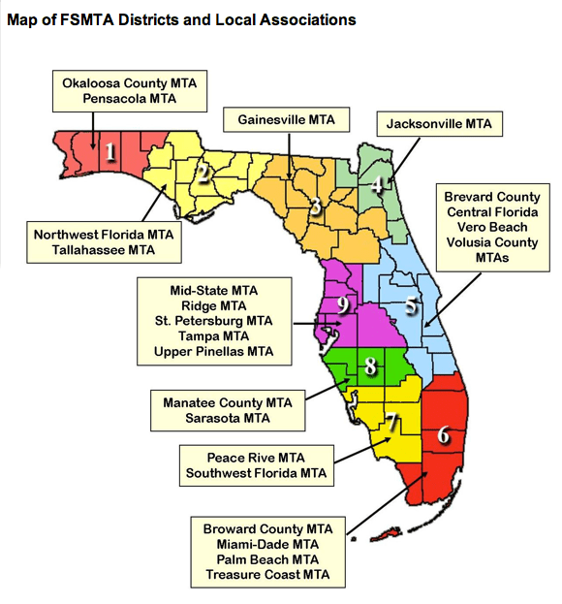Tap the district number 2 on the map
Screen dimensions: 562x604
[x=203, y=175]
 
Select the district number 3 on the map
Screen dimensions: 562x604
[x=315, y=206]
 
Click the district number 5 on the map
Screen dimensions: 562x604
[x=411, y=306]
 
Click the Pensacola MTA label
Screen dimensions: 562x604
[x=125, y=99]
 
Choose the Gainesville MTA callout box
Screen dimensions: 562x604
[x=288, y=120]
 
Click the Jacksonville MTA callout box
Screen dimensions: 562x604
[x=438, y=124]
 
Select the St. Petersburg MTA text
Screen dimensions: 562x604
[x=213, y=320]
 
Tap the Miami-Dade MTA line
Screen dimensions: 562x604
[x=266, y=545]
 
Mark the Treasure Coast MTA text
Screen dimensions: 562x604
[x=266, y=575]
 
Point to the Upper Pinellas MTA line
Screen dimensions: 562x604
[x=213, y=351]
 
